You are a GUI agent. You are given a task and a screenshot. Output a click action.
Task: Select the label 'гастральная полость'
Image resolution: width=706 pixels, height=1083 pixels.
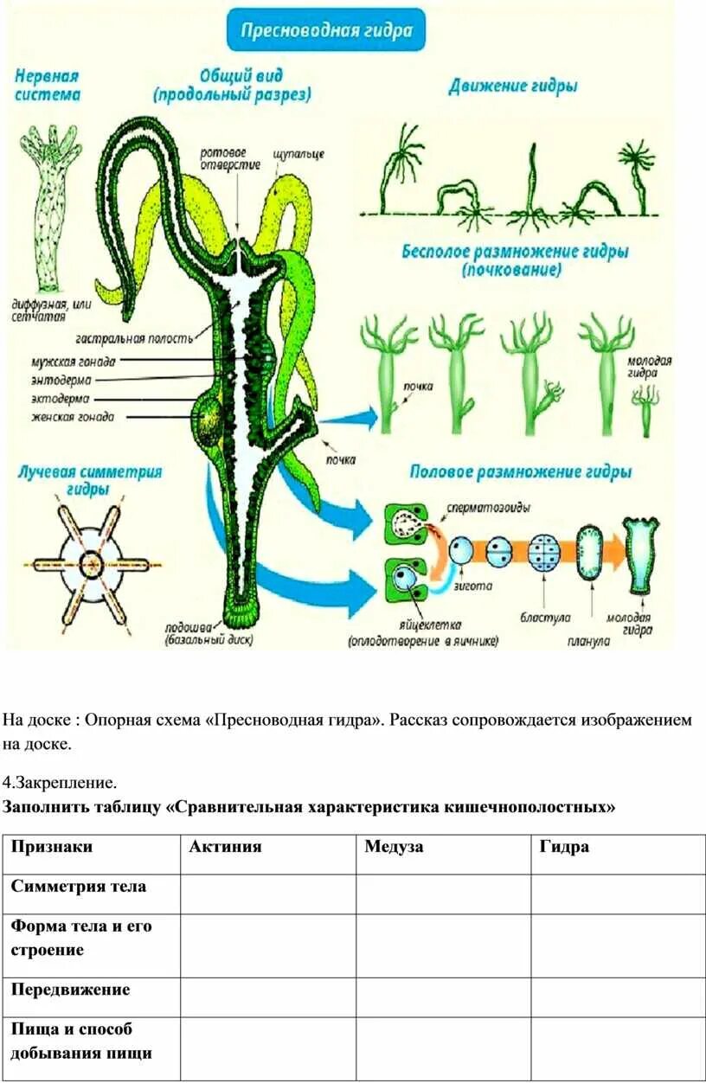pyautogui.click(x=134, y=338)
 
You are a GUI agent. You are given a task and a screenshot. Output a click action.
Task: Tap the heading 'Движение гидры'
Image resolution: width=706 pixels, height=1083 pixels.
pyautogui.click(x=513, y=86)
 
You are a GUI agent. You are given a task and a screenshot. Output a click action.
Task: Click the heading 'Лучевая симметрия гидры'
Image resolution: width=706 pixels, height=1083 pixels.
pyautogui.click(x=89, y=480)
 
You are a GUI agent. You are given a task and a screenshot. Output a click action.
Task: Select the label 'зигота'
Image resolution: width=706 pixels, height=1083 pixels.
pyautogui.click(x=472, y=586)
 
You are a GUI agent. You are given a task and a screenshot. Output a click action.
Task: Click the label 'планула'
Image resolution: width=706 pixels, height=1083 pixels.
pyautogui.click(x=589, y=641)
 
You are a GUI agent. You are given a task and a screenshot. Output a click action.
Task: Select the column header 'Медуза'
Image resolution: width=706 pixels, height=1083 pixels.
pyautogui.click(x=394, y=847)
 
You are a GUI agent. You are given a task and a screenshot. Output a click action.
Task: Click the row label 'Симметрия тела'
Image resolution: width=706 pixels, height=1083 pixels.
pyautogui.click(x=79, y=887)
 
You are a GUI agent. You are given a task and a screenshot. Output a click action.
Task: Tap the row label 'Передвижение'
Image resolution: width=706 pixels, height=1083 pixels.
pyautogui.click(x=71, y=990)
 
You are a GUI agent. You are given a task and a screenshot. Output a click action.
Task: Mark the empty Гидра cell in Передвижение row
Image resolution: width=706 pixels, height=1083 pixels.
pyautogui.click(x=618, y=997)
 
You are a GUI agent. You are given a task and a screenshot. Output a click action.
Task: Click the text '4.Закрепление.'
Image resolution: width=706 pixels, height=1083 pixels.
pyautogui.click(x=60, y=784)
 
